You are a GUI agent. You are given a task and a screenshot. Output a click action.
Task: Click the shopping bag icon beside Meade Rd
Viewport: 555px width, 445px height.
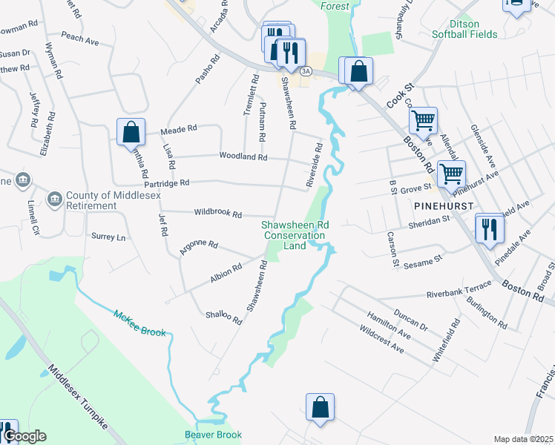[131, 133]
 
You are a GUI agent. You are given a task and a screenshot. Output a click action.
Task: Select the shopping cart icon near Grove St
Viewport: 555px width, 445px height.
[450, 174]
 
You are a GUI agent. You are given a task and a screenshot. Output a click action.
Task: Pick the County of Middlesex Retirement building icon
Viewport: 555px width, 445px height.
[54, 199]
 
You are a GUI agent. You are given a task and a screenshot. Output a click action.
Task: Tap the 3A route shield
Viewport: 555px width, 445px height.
[306, 71]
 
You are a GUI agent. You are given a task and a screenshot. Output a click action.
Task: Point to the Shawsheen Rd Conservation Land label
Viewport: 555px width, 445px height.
[295, 235]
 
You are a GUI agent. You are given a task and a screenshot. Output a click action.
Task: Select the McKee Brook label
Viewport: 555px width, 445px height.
[139, 323]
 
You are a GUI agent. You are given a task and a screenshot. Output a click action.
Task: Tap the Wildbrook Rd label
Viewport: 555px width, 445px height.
[217, 214]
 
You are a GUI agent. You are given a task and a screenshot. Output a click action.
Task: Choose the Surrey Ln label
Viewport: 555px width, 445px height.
[108, 237]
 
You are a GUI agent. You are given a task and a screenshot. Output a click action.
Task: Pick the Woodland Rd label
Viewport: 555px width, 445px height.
[243, 156]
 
